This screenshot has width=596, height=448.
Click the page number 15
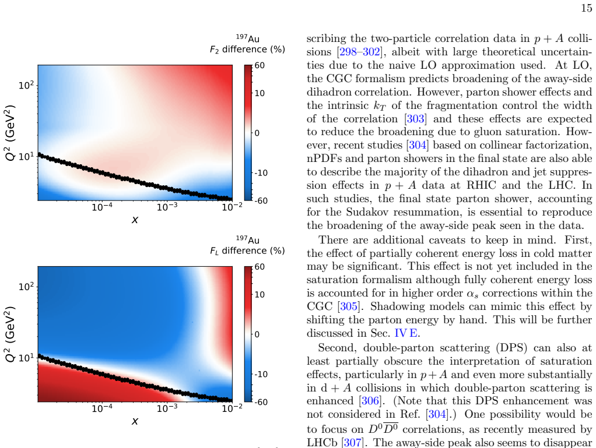tap(587, 8)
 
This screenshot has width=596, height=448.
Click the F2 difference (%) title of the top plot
tap(247, 50)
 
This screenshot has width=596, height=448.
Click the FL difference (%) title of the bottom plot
tap(247, 251)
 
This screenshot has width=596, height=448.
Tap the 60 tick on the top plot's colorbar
tap(260, 65)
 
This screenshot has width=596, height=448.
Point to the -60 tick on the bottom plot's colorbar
tap(260, 401)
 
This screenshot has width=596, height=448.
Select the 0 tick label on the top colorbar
tap(257, 133)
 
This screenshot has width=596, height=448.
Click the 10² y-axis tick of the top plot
tap(26, 84)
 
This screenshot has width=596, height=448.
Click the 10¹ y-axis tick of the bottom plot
tap(26, 357)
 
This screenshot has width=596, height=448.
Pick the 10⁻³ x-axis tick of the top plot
tap(167, 206)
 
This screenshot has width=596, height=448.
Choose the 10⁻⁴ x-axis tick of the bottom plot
tap(102, 408)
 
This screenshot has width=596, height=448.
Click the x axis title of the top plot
tap(135, 220)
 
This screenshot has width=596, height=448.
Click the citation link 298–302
tap(360, 52)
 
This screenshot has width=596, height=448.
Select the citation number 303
tap(415, 118)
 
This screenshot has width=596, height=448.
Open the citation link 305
tap(349, 306)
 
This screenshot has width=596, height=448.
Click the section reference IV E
tap(405, 333)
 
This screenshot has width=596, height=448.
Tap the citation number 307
tap(352, 443)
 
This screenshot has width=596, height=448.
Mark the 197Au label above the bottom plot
tap(247, 239)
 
